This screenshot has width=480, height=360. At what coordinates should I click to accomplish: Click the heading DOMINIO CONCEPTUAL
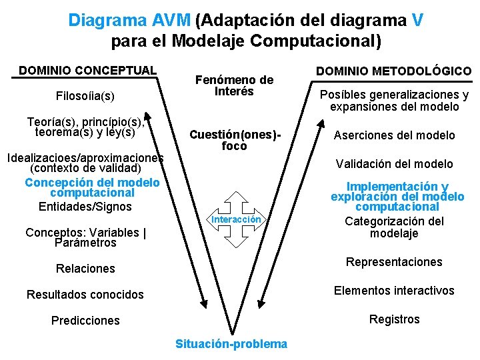pyautogui.click(x=87, y=70)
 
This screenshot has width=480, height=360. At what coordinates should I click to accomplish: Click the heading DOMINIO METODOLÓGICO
pyautogui.click(x=393, y=71)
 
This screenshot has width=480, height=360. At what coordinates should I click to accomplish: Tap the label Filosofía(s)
pyautogui.click(x=85, y=97)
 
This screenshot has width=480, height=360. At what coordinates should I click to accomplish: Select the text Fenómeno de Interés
pyautogui.click(x=234, y=86)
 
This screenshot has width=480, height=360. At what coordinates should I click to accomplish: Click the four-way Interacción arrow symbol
pyautogui.click(x=236, y=219)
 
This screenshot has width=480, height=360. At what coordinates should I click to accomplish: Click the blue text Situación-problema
pyautogui.click(x=231, y=344)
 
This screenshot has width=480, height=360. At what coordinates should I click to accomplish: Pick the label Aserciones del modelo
pyautogui.click(x=395, y=135)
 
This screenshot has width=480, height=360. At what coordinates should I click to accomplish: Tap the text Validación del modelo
pyautogui.click(x=394, y=164)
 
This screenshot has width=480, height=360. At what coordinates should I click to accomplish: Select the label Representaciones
pyautogui.click(x=394, y=262)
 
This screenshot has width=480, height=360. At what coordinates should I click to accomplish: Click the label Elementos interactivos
pyautogui.click(x=394, y=291)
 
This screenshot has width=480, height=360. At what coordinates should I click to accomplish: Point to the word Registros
pyautogui.click(x=395, y=319)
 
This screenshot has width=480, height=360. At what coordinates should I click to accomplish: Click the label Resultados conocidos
pyautogui.click(x=85, y=295)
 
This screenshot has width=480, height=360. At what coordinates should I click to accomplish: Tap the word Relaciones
pyautogui.click(x=85, y=269)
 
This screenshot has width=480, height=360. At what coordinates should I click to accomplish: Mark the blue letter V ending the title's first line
pyautogui.click(x=417, y=20)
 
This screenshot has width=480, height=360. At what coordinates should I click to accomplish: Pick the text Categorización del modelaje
pyautogui.click(x=394, y=227)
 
